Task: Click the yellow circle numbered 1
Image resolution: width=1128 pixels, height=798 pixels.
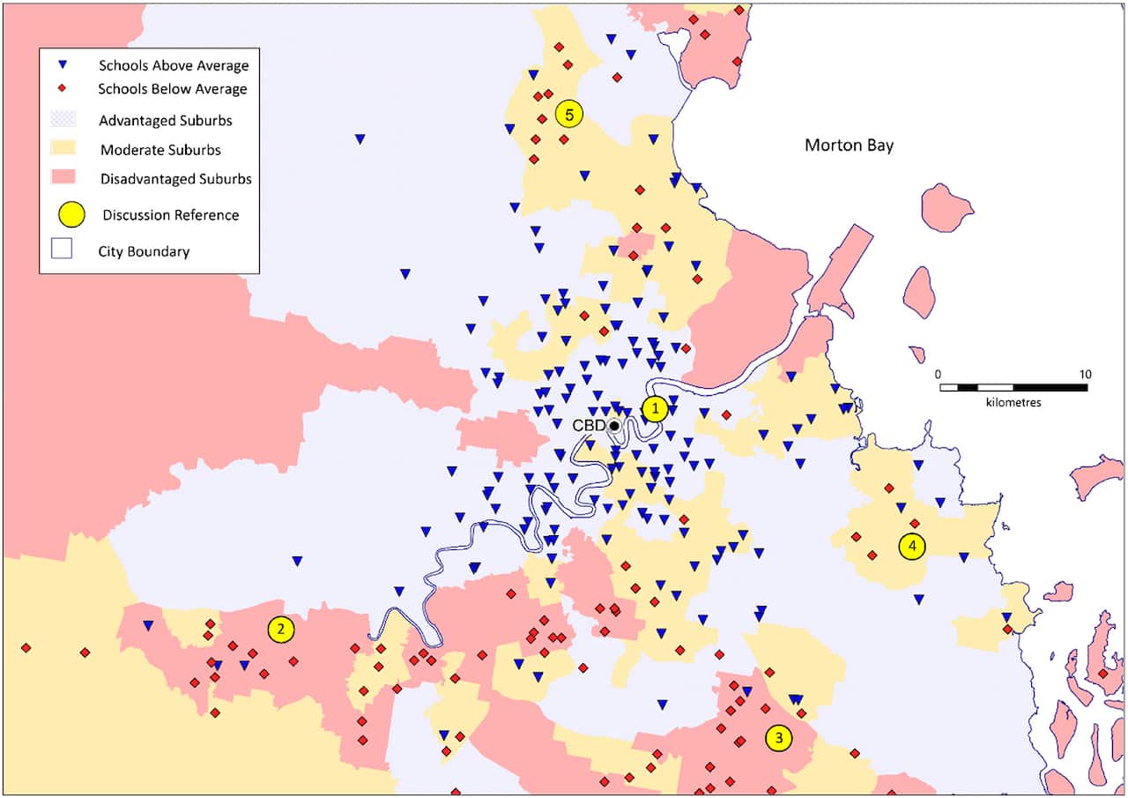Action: tap(655, 409)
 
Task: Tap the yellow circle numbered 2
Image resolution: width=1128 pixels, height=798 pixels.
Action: tap(280, 629)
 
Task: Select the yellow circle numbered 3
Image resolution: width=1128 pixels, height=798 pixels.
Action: tap(778, 737)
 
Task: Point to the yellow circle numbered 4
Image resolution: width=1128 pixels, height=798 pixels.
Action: tap(912, 547)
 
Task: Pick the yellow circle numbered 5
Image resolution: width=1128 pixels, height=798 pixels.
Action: tap(569, 114)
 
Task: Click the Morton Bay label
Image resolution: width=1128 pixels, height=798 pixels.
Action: tap(849, 145)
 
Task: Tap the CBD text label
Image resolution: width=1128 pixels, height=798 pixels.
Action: tap(589, 426)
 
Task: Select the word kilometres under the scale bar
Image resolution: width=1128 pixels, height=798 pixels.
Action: tap(1013, 402)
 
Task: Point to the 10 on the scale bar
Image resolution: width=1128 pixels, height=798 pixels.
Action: tap(1085, 373)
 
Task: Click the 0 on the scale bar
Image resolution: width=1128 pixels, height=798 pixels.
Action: tap(939, 373)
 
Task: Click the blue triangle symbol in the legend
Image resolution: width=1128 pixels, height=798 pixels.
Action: tap(63, 65)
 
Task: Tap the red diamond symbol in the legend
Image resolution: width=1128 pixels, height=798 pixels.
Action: tap(63, 89)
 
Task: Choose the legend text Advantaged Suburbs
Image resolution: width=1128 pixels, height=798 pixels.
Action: tap(166, 120)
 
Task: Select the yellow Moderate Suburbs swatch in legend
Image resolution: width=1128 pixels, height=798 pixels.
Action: tap(63, 149)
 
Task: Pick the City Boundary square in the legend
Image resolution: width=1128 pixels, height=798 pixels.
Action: tap(63, 250)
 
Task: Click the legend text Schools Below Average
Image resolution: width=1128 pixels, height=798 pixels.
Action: tap(173, 89)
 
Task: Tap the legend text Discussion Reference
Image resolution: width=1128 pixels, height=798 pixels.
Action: tap(170, 214)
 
